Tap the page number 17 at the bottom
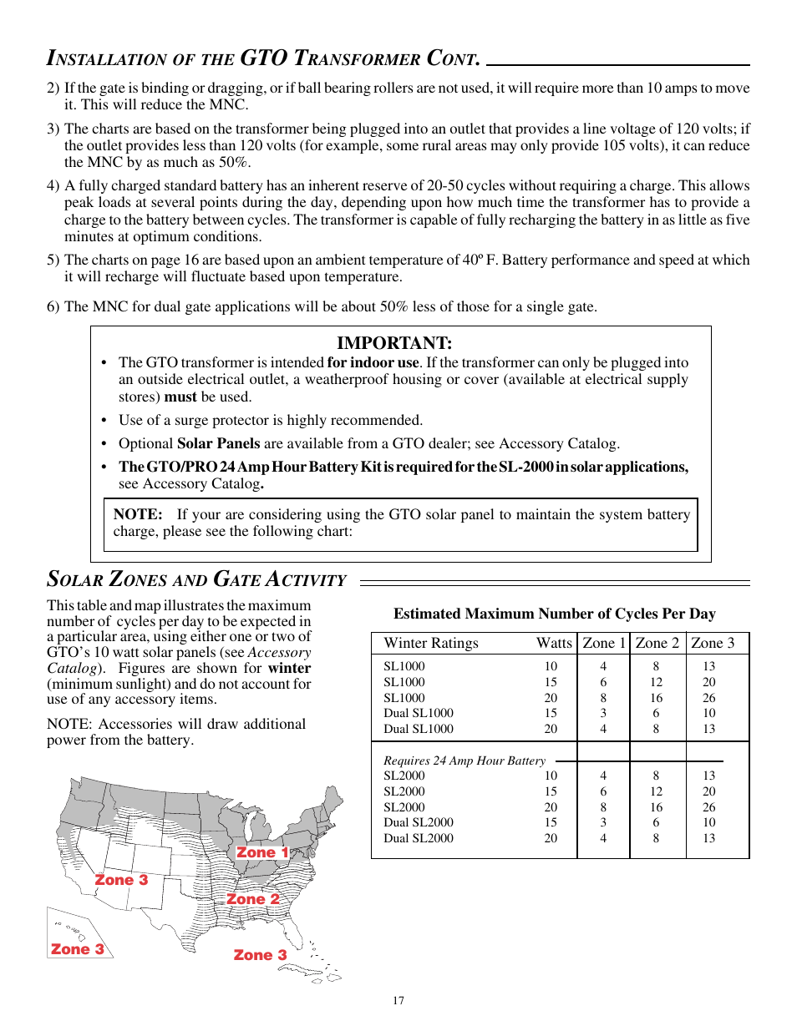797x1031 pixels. pyautogui.click(x=398, y=1000)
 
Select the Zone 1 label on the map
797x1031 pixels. pyautogui.click(x=262, y=852)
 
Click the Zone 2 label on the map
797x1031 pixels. pyautogui.click(x=253, y=899)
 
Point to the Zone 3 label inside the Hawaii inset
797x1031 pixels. pyautogui.click(x=78, y=949)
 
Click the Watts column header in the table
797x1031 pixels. pyautogui.click(x=554, y=643)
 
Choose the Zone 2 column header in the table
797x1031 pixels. pyautogui.click(x=657, y=643)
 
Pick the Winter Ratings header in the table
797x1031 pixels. pyautogui.click(x=431, y=643)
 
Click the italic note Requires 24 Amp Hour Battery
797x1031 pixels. pyautogui.click(x=464, y=761)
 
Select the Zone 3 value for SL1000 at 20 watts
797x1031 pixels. pyautogui.click(x=708, y=698)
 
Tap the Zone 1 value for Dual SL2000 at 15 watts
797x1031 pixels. pyautogui.click(x=603, y=822)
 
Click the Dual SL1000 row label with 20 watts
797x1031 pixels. pyautogui.click(x=419, y=729)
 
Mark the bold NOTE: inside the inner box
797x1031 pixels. pyautogui.click(x=138, y=514)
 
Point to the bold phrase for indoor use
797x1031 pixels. pyautogui.click(x=373, y=362)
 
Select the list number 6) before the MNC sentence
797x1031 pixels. pyautogui.click(x=53, y=306)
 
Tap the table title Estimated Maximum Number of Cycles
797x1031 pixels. pyautogui.click(x=554, y=614)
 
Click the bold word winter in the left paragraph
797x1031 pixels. pyautogui.click(x=289, y=668)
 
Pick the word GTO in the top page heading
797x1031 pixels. pyautogui.click(x=263, y=58)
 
